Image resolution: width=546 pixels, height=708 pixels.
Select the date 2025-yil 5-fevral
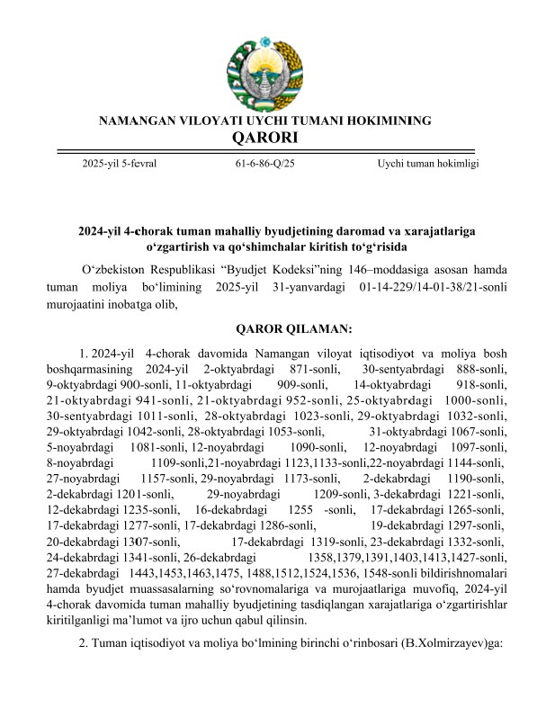point(120,164)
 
